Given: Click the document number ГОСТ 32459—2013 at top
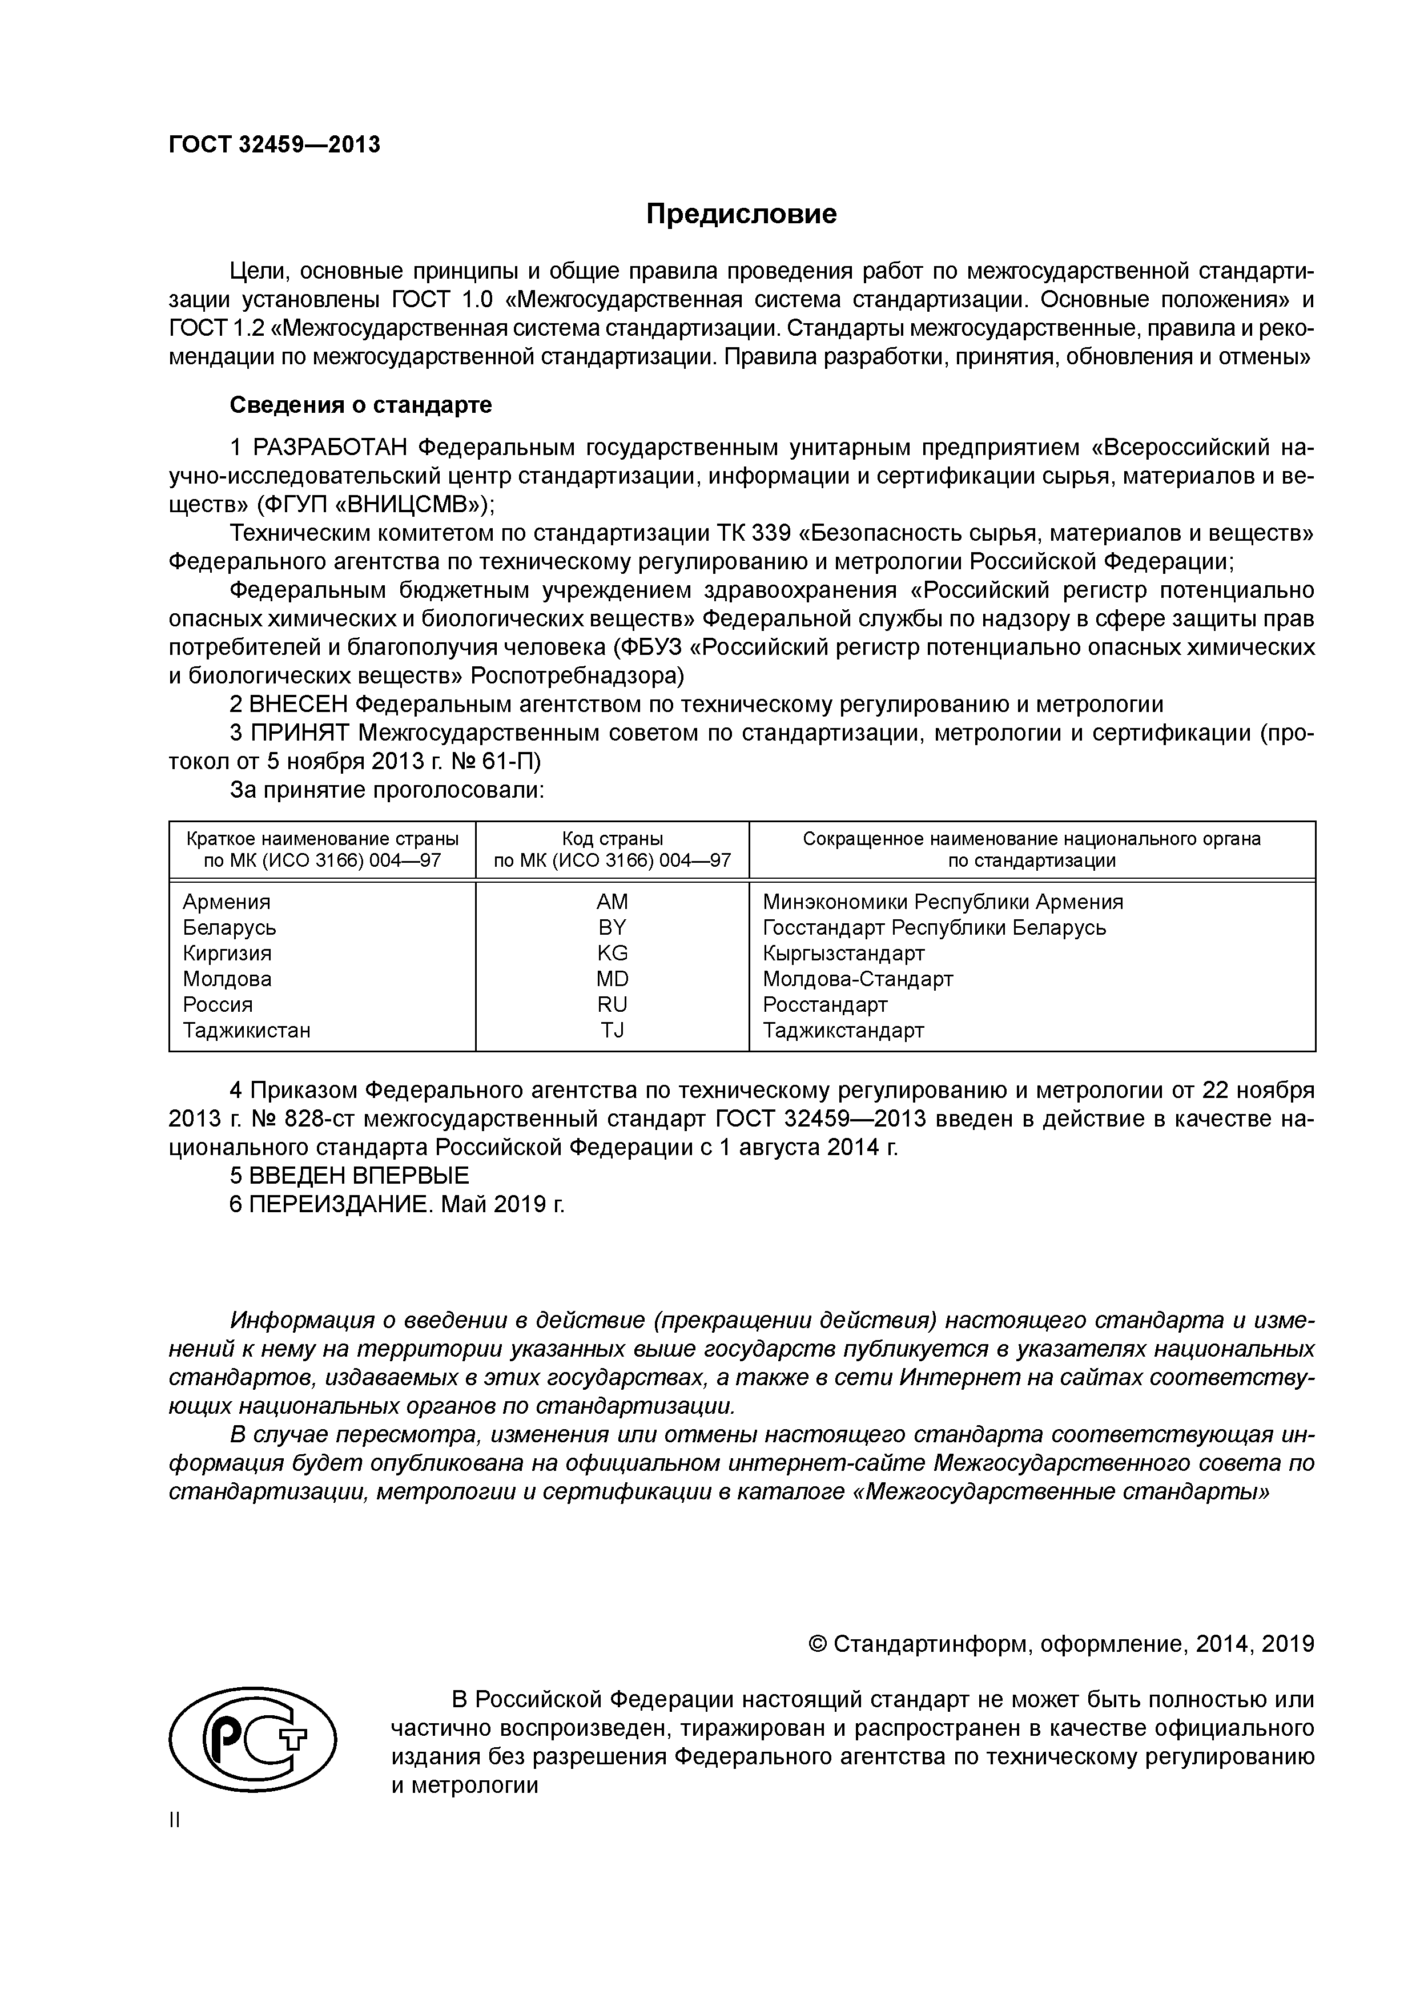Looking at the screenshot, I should [275, 145].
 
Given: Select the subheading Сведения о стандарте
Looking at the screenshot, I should [360, 405].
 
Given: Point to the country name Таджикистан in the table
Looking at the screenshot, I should [246, 1030].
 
